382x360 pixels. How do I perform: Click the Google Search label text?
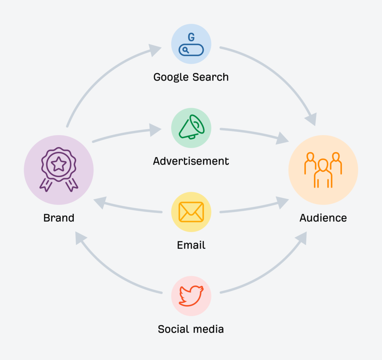[191, 77]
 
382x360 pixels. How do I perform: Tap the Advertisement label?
[191, 161]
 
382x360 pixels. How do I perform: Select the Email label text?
[191, 245]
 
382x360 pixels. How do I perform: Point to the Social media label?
[191, 329]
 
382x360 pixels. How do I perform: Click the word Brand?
[59, 218]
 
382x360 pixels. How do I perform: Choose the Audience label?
[323, 218]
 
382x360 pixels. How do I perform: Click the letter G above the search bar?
[191, 37]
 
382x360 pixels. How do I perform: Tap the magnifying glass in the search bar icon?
[186, 50]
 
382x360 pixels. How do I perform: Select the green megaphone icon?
[191, 127]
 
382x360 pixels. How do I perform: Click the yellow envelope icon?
[191, 212]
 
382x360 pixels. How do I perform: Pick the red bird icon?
[191, 296]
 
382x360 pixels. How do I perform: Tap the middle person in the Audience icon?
[323, 173]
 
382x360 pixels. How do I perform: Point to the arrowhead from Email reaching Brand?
[100, 202]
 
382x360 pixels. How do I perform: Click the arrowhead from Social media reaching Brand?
[81, 238]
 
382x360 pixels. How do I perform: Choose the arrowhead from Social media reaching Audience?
[301, 238]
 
